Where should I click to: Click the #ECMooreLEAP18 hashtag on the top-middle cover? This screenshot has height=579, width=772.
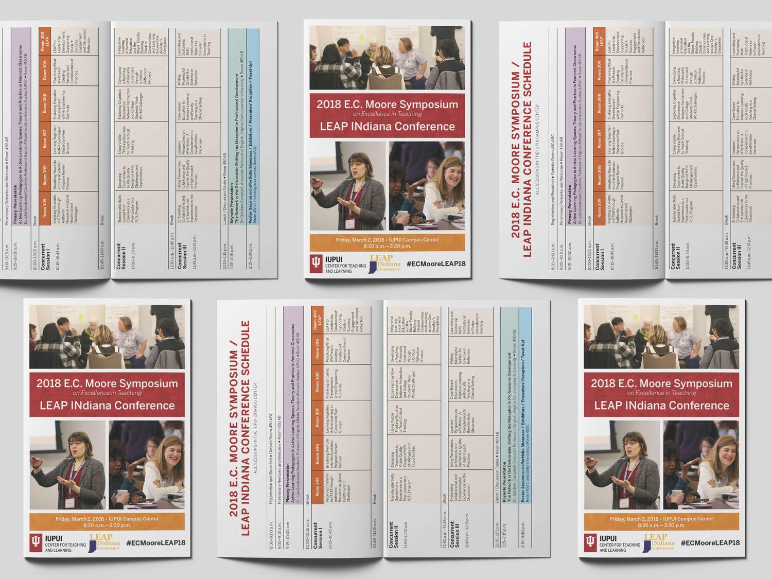[435, 264]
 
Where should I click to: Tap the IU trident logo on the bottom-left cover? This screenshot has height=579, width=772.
[36, 542]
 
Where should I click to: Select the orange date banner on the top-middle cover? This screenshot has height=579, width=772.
[387, 243]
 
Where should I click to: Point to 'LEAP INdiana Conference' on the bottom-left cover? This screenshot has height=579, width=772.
[107, 406]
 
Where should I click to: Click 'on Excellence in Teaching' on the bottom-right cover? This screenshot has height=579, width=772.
[661, 393]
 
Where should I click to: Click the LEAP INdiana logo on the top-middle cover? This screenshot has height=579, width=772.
[384, 263]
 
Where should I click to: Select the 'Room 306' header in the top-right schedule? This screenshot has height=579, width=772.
[599, 175]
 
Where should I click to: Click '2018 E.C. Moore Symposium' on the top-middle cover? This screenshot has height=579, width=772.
[387, 104]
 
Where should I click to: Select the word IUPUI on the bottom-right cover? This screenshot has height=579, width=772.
[608, 538]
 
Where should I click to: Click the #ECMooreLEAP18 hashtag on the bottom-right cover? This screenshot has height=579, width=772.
[710, 543]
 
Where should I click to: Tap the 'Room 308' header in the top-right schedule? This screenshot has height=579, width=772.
[599, 103]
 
